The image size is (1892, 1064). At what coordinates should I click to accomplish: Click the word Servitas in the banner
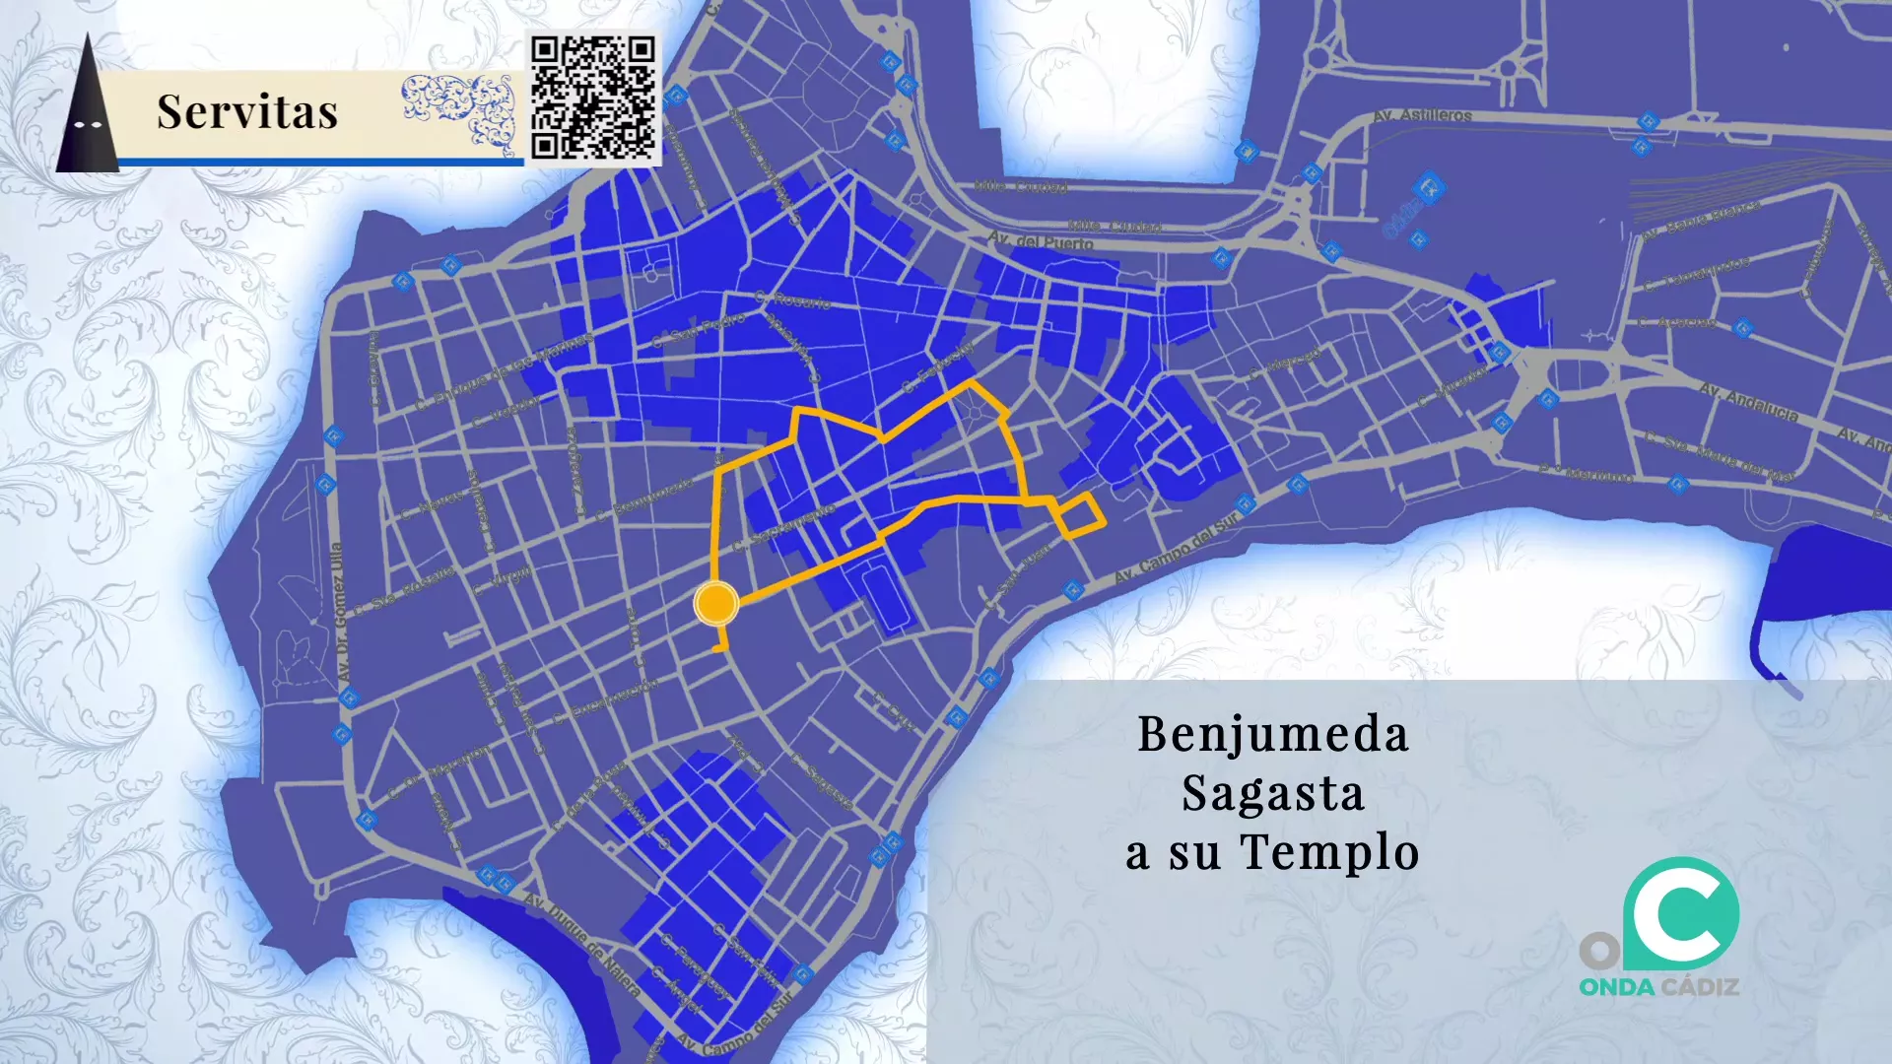click(247, 111)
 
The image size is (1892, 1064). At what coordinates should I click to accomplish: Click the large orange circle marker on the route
click(715, 603)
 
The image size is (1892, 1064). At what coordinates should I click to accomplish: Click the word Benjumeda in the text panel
click(1272, 734)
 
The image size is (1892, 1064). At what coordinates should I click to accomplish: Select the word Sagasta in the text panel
click(1272, 793)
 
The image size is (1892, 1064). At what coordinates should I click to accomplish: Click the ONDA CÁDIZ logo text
click(1658, 987)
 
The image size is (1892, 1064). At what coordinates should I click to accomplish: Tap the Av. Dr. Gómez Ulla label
click(338, 611)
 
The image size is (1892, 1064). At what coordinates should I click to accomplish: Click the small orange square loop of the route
click(1080, 516)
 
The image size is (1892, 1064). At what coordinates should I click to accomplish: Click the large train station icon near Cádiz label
click(1428, 186)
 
